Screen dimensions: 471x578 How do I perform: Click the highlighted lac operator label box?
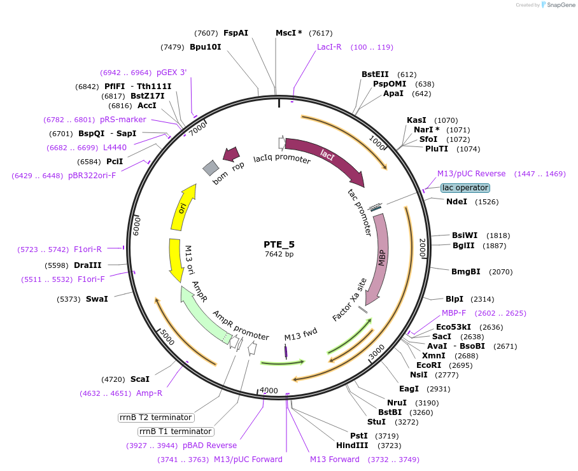click(465, 188)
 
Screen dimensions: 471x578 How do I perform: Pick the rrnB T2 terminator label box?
click(156, 418)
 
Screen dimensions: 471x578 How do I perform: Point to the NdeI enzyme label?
click(456, 202)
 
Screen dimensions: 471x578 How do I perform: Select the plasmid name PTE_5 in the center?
click(279, 244)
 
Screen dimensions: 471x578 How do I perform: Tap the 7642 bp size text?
click(279, 255)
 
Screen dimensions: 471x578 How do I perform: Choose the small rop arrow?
click(230, 153)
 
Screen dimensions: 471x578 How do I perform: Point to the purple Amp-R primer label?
click(149, 393)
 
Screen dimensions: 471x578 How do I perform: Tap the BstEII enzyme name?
click(375, 74)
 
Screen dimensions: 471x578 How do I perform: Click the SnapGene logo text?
click(560, 5)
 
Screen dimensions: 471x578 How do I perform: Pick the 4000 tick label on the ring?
click(269, 390)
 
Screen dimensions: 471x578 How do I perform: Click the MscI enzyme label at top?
click(289, 33)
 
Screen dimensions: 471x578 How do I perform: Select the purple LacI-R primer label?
click(329, 47)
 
